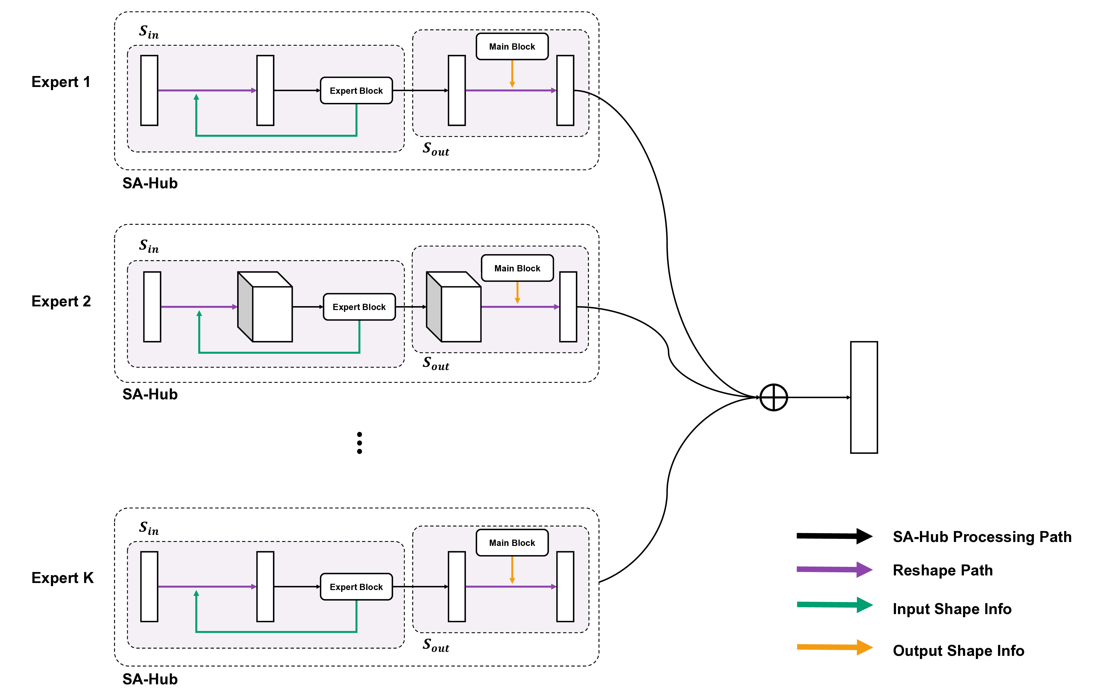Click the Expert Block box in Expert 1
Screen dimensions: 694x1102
356,91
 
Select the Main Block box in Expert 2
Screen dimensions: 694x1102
517,268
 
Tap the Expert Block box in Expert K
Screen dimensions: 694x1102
356,587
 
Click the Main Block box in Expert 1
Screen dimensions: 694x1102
512,47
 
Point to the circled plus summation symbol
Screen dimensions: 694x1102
773,397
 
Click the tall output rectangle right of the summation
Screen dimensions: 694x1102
864,397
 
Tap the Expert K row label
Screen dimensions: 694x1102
62,578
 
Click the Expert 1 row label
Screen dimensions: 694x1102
61,82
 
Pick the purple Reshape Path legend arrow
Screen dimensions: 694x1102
834,569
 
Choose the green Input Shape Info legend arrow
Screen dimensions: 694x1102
834,605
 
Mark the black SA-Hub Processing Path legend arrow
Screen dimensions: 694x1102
834,536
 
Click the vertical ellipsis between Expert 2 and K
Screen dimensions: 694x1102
359,443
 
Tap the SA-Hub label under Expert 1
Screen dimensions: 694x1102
150,183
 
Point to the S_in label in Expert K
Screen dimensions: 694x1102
149,528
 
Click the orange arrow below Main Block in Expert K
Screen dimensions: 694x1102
512,570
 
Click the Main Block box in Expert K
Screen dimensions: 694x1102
512,543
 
